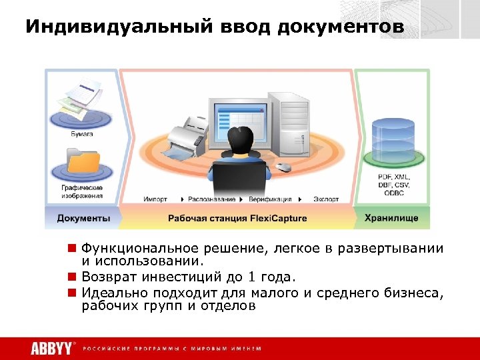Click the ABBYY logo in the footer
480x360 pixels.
point(51,348)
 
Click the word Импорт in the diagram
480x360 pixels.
point(155,199)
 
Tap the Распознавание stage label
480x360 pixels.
point(211,199)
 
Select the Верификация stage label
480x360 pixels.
point(270,199)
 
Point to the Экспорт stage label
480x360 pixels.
point(327,199)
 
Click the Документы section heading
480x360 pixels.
point(83,218)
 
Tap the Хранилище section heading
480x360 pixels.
point(391,218)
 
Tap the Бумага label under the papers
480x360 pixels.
point(83,134)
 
